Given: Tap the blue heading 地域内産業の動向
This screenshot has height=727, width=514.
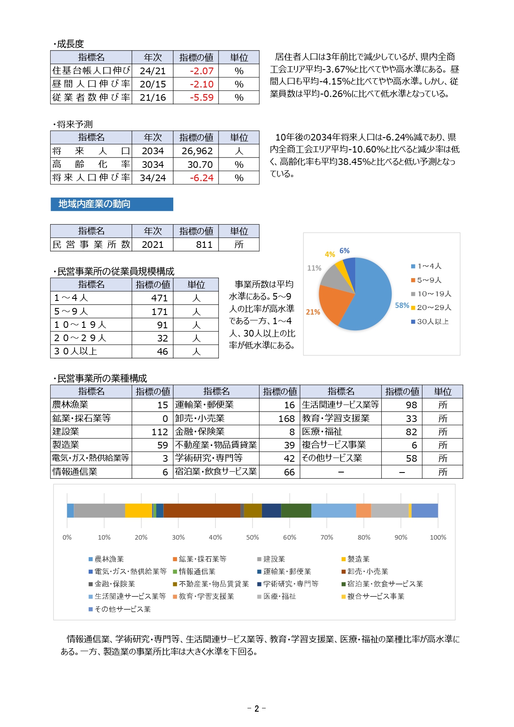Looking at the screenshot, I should (x=95, y=204).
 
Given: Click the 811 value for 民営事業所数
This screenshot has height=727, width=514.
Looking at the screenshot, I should (x=204, y=245).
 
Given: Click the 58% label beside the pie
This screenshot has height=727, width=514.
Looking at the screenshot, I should (x=402, y=305).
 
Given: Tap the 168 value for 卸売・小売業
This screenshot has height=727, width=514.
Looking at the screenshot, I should (x=286, y=419).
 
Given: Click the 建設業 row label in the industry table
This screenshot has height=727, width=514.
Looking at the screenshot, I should (x=66, y=431).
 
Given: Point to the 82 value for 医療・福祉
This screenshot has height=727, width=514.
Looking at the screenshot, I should (x=411, y=432).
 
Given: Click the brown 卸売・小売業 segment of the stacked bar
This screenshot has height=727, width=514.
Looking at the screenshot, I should (x=202, y=511).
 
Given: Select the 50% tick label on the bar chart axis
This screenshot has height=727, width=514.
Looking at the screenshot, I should (x=252, y=538).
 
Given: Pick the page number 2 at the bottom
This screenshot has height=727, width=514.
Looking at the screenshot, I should (x=257, y=708).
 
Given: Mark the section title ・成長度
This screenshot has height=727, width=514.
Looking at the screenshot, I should (x=69, y=44).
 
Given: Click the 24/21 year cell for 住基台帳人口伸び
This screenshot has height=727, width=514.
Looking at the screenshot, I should (x=153, y=71).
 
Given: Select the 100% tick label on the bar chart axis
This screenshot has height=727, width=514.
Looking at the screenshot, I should (x=438, y=538).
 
